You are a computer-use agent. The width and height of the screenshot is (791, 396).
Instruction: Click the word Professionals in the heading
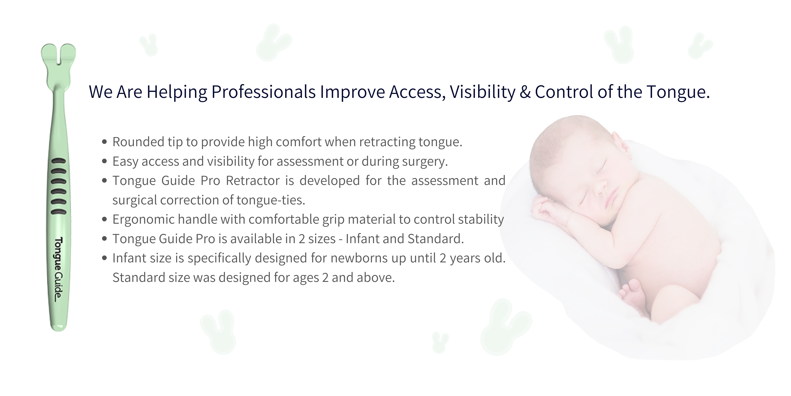coord(263,92)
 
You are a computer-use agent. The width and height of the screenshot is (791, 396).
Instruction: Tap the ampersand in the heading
coord(525,92)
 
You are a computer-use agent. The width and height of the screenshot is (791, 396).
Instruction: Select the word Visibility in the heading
coord(483,92)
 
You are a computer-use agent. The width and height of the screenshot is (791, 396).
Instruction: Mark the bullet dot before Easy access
coord(105,161)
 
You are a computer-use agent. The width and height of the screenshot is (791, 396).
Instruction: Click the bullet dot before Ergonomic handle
coord(105,220)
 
